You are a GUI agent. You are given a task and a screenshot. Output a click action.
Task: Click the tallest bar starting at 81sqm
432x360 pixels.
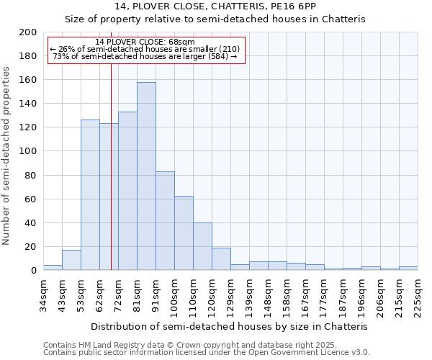pos(146,176)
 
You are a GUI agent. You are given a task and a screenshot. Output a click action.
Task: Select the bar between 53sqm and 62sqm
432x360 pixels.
pos(90,195)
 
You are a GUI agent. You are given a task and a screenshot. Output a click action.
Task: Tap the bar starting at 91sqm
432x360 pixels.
pos(165,221)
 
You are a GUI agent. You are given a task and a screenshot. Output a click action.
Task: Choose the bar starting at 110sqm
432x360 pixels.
pos(202,246)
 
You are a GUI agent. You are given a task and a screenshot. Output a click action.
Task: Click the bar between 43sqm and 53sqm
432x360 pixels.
pos(71,260)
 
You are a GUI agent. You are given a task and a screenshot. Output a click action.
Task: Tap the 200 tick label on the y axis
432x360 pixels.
pos(28,32)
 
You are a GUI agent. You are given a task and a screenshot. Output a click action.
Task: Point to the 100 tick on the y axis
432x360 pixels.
pos(28,151)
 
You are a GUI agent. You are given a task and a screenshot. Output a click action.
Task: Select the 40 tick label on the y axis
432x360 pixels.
pos(31,222)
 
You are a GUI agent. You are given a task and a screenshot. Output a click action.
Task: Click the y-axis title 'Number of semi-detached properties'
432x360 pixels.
pos(7,156)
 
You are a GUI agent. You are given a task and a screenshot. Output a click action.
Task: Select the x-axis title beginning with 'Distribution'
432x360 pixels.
pos(230,326)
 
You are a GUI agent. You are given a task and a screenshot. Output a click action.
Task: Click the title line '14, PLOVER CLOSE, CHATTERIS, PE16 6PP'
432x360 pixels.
pos(215,6)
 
